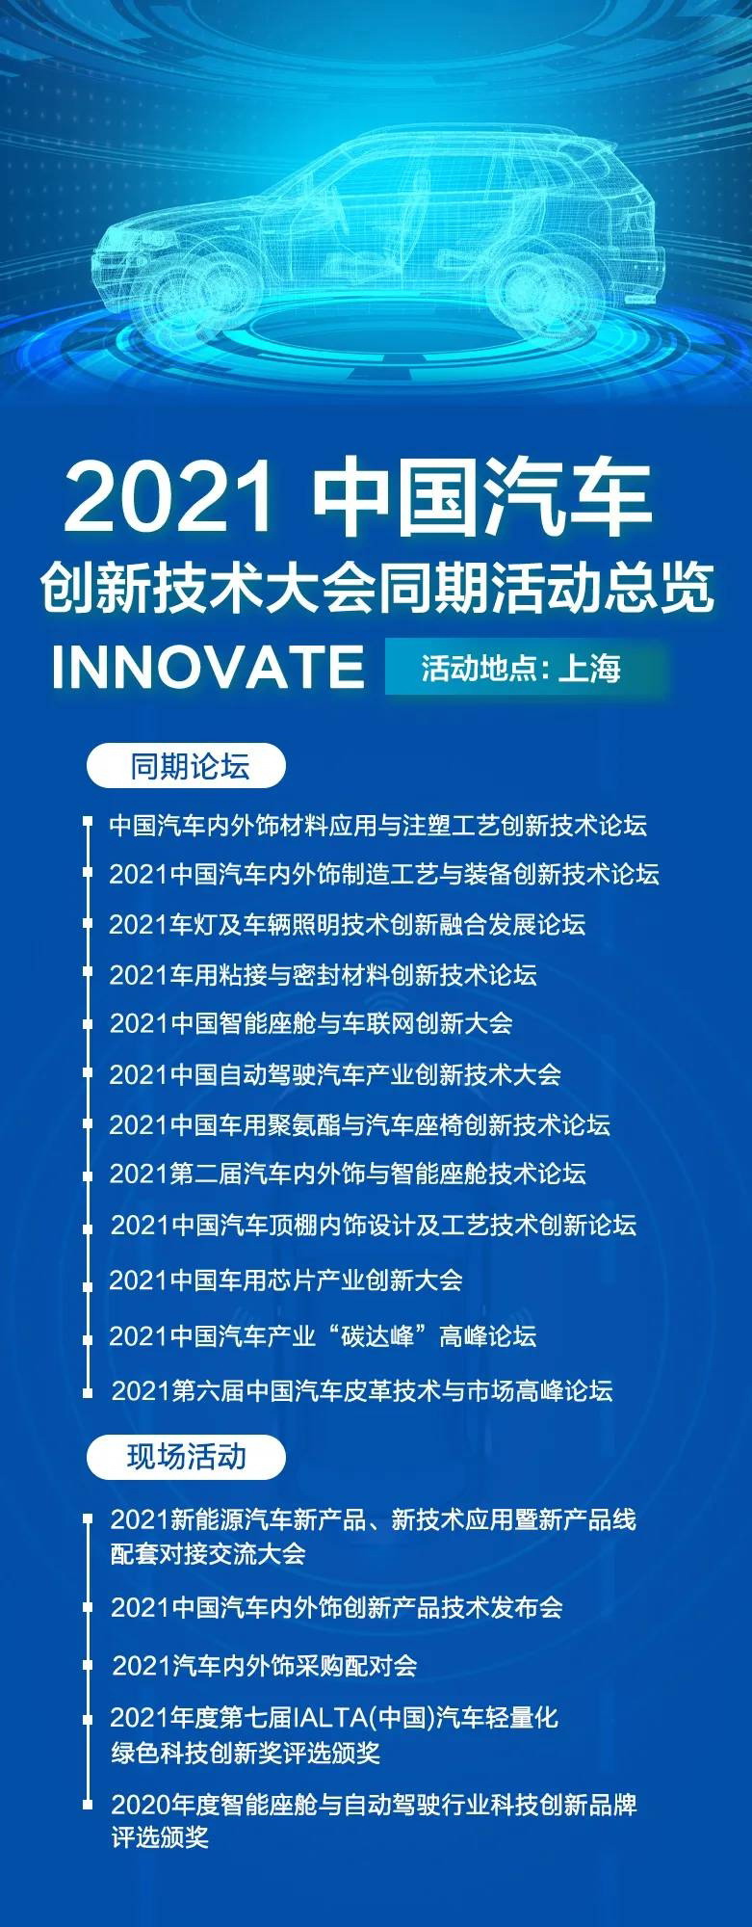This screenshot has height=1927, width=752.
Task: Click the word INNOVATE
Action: (x=208, y=667)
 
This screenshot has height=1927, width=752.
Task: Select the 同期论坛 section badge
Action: (x=187, y=767)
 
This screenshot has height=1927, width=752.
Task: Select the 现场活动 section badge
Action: (x=187, y=1457)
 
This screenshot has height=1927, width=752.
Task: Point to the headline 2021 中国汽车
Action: (x=358, y=499)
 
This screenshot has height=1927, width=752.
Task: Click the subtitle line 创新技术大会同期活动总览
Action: (x=376, y=587)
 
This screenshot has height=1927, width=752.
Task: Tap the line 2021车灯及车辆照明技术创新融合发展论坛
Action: (x=347, y=924)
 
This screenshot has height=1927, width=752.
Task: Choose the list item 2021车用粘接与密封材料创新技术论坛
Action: (x=323, y=974)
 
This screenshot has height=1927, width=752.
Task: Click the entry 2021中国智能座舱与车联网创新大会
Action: (x=310, y=1023)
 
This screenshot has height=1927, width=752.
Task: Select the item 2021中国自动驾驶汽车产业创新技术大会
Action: (x=335, y=1074)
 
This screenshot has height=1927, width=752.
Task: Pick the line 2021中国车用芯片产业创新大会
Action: (x=286, y=1280)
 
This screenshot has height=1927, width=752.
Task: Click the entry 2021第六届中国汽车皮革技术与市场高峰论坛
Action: (x=362, y=1390)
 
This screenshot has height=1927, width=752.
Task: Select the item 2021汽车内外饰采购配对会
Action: (x=265, y=1665)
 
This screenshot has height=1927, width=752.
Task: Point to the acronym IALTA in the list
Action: (x=331, y=1718)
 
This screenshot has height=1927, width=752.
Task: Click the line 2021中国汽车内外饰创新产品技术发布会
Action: (x=336, y=1607)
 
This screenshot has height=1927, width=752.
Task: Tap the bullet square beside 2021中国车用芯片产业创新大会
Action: (x=88, y=1282)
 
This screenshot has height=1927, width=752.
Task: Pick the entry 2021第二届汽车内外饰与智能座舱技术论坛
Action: (x=348, y=1174)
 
